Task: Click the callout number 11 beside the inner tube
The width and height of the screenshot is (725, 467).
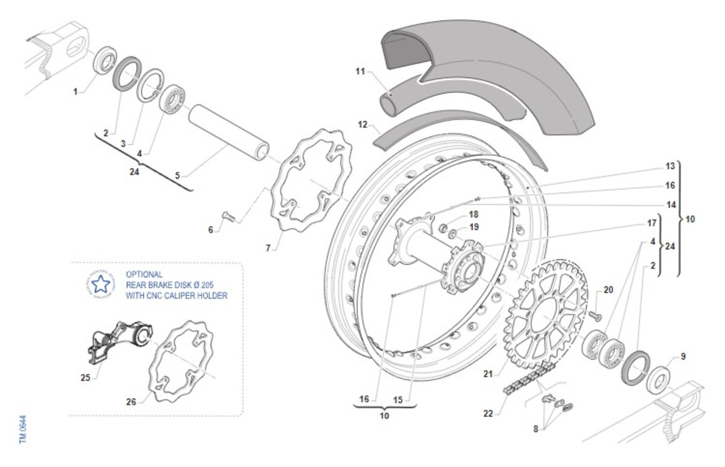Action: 360,71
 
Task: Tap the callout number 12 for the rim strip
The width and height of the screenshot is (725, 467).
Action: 362,125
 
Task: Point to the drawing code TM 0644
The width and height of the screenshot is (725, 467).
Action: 23,430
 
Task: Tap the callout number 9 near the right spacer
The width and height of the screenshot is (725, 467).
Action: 683,356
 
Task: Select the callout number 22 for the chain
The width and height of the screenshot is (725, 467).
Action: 488,414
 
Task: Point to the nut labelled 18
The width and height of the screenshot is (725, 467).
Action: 442,228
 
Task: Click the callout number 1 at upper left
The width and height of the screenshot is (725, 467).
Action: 76,92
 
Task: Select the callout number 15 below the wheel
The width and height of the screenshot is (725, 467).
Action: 397,399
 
